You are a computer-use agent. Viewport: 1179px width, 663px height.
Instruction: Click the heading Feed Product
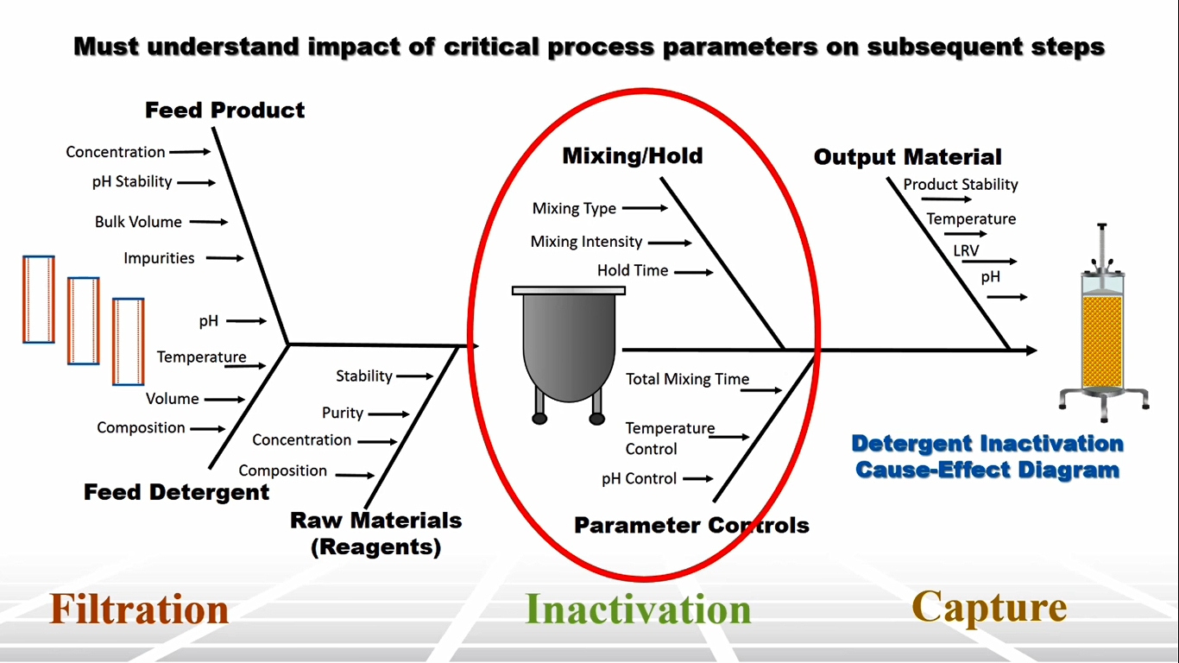click(x=224, y=110)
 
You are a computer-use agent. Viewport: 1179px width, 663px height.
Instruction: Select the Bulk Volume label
click(x=138, y=222)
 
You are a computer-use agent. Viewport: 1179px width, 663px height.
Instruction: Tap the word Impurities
click(x=159, y=258)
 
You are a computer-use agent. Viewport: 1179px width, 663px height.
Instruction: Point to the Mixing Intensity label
click(x=586, y=243)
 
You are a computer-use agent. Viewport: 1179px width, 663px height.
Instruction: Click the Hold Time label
click(x=633, y=271)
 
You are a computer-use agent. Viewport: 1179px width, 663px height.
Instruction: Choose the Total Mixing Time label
click(x=687, y=379)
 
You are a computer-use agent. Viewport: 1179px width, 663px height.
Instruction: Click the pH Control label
click(x=639, y=478)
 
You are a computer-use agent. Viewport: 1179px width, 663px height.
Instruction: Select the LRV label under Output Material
click(x=966, y=251)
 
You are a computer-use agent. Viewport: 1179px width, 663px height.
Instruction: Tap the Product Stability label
click(x=961, y=185)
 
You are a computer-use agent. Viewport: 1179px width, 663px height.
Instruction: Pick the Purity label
click(x=343, y=413)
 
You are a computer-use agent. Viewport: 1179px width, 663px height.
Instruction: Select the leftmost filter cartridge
click(x=39, y=300)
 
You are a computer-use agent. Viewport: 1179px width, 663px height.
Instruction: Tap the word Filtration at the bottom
click(x=139, y=609)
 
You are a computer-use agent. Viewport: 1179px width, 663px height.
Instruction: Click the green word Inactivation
click(x=638, y=609)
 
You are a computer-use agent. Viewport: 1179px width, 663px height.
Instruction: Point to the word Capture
click(x=988, y=607)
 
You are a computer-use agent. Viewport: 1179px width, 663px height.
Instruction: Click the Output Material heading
click(x=907, y=157)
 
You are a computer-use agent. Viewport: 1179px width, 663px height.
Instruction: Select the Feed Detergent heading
click(x=176, y=492)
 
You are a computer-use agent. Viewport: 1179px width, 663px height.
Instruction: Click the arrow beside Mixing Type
click(x=645, y=208)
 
